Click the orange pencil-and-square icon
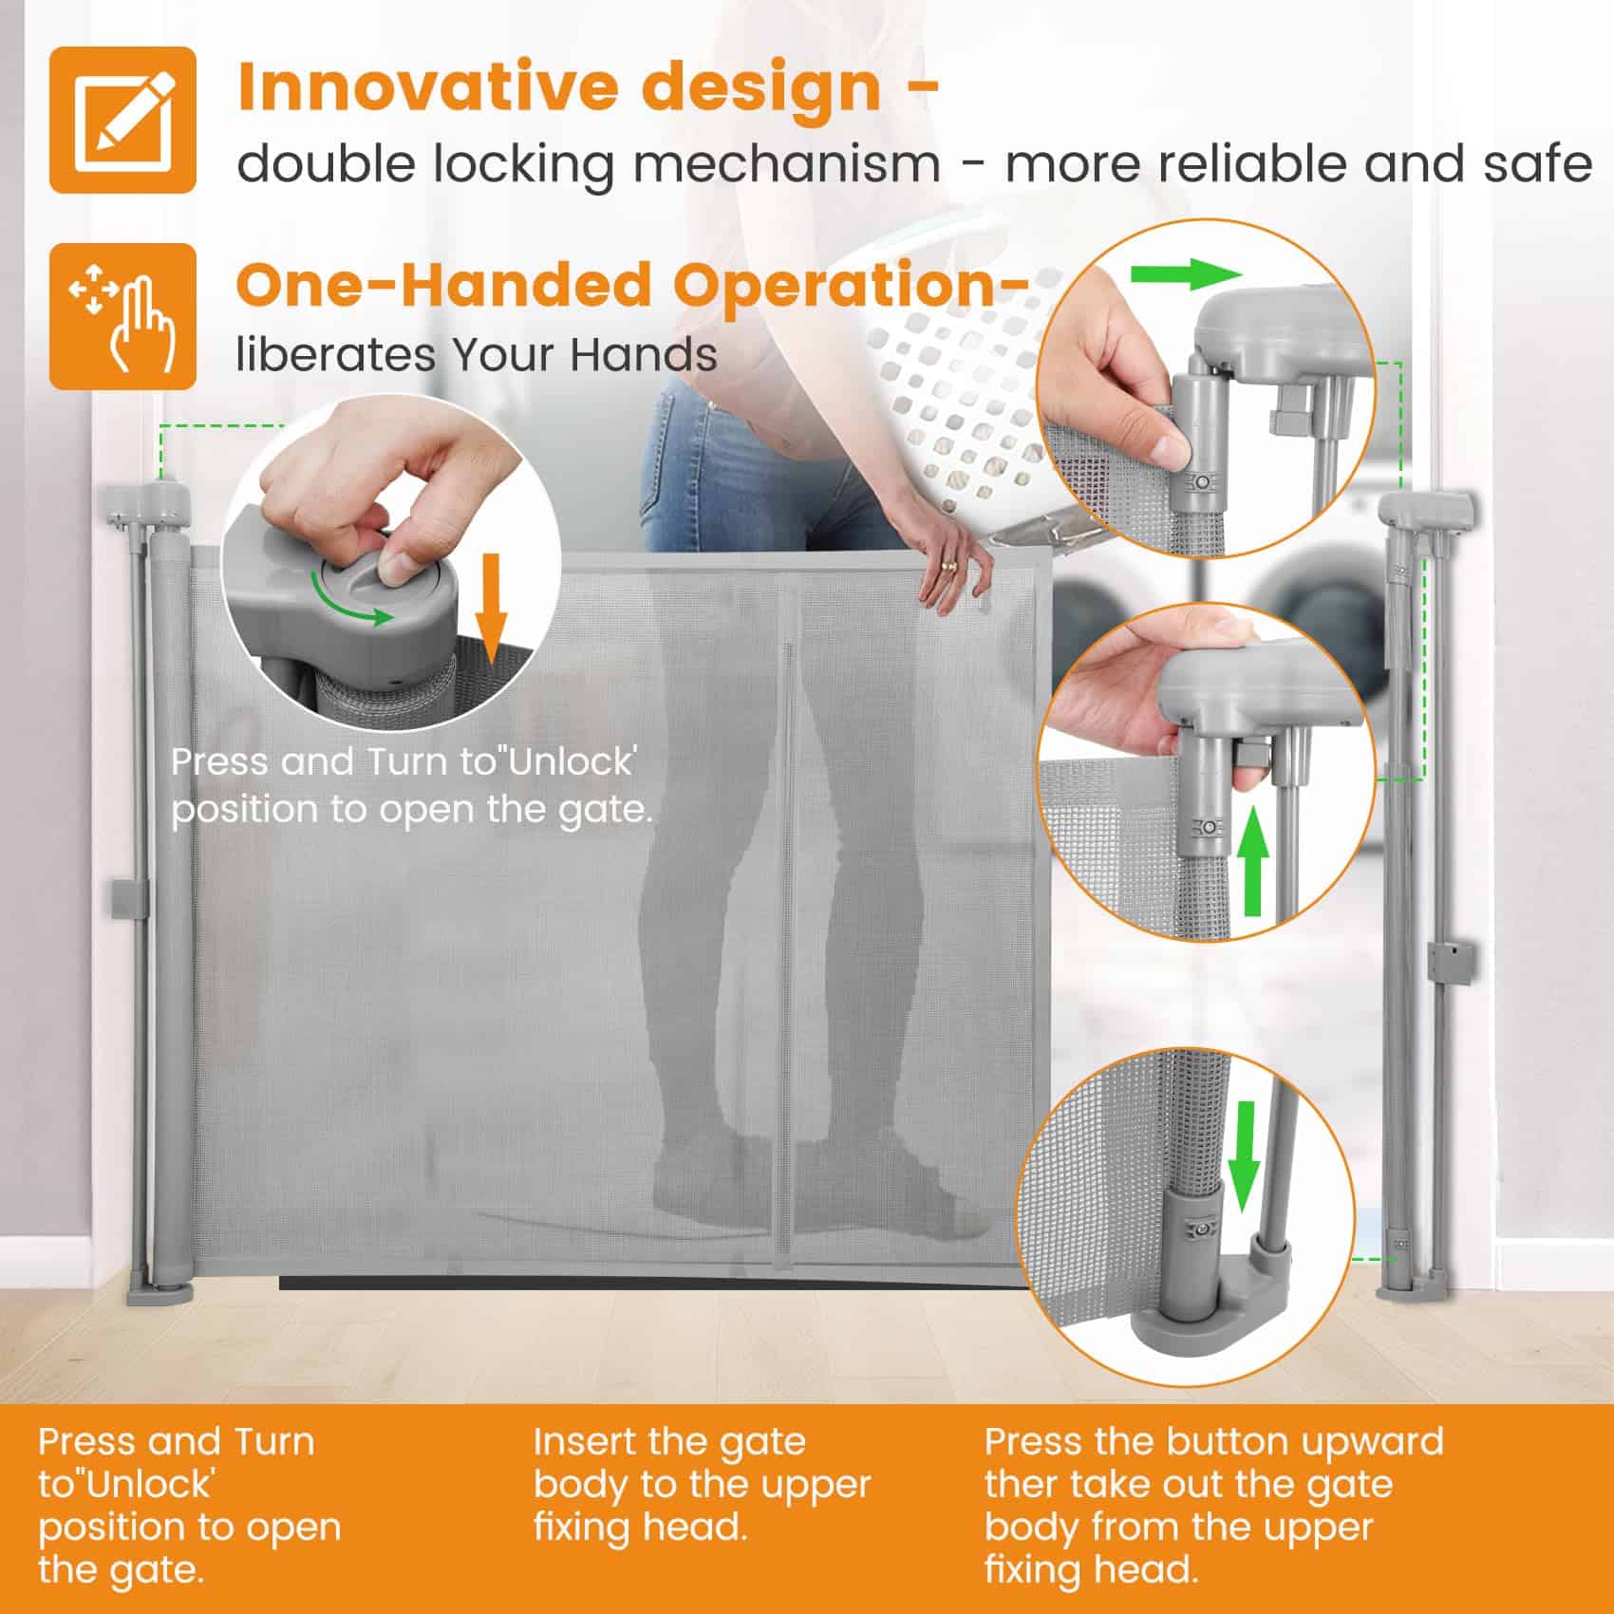click(x=122, y=120)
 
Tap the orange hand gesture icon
click(x=122, y=316)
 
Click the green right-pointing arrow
click(x=1186, y=276)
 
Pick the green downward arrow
click(x=1241, y=1158)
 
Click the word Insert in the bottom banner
click(x=582, y=1441)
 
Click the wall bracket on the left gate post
click(x=129, y=898)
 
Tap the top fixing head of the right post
click(x=1428, y=511)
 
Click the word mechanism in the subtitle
click(x=787, y=164)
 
